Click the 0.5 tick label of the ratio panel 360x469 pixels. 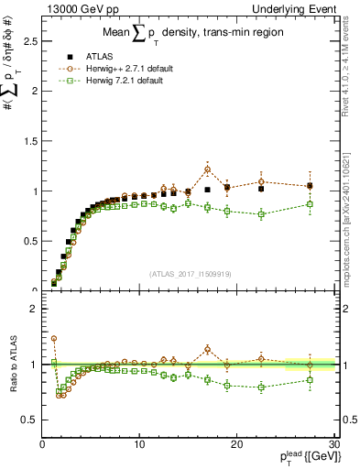coord(29,420)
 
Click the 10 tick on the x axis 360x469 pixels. coord(139,444)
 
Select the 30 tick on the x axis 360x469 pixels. coord(333,444)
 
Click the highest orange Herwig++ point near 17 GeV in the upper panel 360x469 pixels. coord(208,169)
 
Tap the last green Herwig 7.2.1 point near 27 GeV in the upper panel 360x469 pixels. coord(310,204)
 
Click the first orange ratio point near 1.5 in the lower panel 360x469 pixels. coord(54,339)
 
